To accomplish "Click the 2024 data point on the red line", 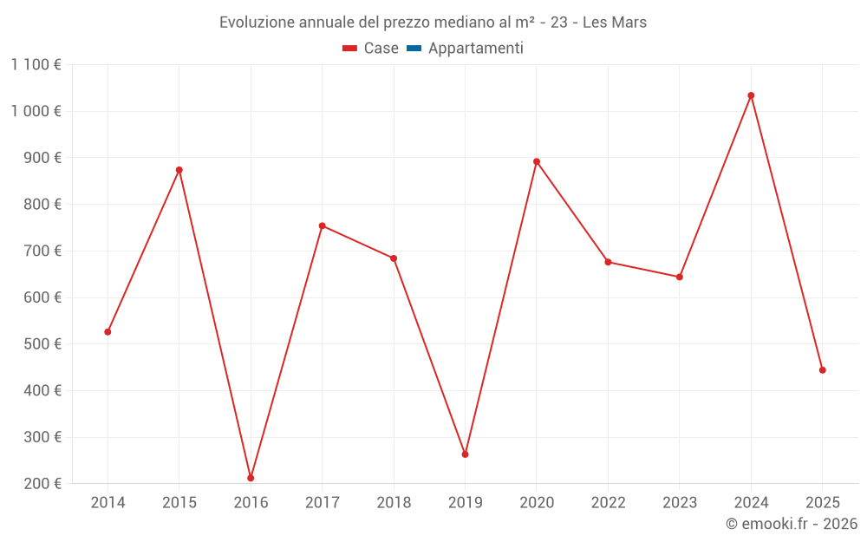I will [751, 95].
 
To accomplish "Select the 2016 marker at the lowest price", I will [251, 478].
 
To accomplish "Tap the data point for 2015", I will [179, 170].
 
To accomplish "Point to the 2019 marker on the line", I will [465, 454].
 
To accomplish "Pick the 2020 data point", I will [537, 161].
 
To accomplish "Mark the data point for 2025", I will [822, 370].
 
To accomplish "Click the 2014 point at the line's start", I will [108, 332].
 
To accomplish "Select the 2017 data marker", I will [322, 226].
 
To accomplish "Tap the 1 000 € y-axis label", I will [36, 111].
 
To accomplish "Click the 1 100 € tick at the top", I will [36, 64].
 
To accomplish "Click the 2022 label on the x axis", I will [608, 503].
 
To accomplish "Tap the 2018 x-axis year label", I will [394, 503].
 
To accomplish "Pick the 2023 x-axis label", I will [679, 503].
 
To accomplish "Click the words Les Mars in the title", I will [615, 23].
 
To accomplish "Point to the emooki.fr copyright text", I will [792, 524].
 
